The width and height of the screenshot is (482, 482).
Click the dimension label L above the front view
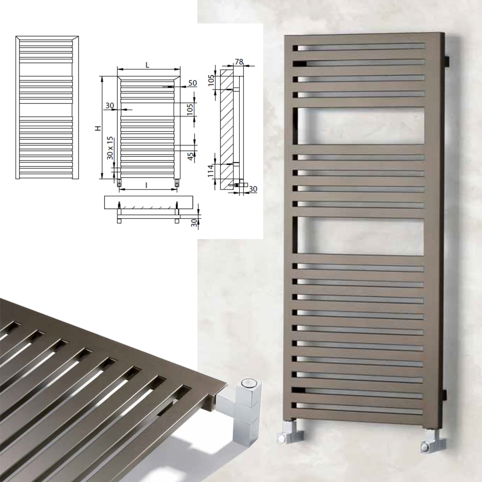pos(147,65)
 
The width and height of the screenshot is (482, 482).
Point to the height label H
pos(98,128)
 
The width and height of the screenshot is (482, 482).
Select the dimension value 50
pos(192,83)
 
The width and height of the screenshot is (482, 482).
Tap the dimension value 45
pos(190,156)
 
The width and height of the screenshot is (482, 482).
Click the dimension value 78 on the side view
pos(239,62)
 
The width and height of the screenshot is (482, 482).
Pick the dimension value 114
pos(211,171)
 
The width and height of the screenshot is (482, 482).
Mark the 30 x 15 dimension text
pos(110,148)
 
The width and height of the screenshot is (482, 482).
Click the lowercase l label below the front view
pos(147,185)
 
